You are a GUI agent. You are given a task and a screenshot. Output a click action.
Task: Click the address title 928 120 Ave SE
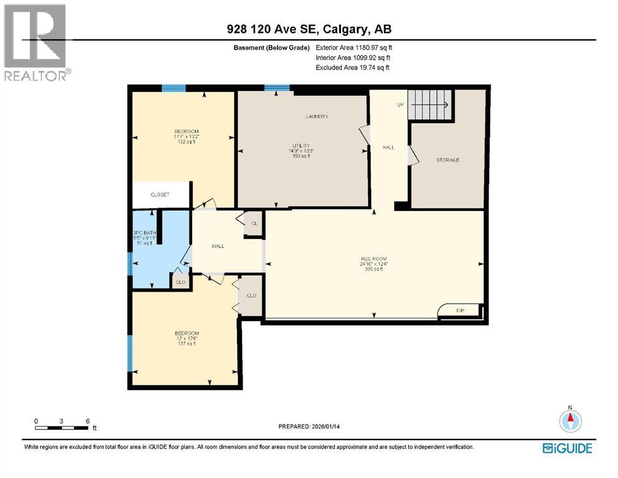pos(309,29)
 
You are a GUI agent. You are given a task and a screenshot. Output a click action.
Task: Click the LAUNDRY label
pos(317,117)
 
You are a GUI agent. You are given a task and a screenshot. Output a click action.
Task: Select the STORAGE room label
pos(447,160)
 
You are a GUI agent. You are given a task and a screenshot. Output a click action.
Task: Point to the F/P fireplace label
pos(461,309)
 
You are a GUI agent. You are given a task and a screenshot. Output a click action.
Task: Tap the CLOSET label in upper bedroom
pos(160,195)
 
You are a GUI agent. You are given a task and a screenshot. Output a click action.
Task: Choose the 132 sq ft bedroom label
pos(186,136)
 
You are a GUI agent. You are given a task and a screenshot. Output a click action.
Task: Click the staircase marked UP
pos(429,103)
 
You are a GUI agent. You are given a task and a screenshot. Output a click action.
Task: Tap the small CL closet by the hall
pos(254,224)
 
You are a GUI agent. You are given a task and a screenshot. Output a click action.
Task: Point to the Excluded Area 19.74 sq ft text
pos(353,68)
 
